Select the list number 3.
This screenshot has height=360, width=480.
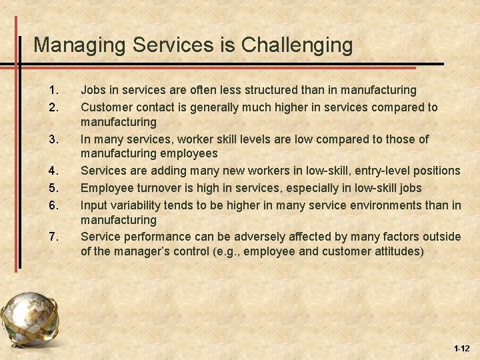[x=53, y=139]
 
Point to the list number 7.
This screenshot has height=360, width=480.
[x=53, y=237]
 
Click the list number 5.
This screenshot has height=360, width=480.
[x=53, y=188]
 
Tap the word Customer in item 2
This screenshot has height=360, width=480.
[x=105, y=107]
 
